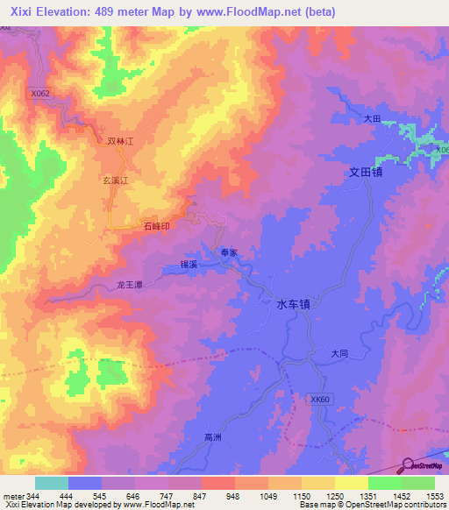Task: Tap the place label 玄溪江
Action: click(117, 181)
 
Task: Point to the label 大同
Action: click(340, 354)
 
